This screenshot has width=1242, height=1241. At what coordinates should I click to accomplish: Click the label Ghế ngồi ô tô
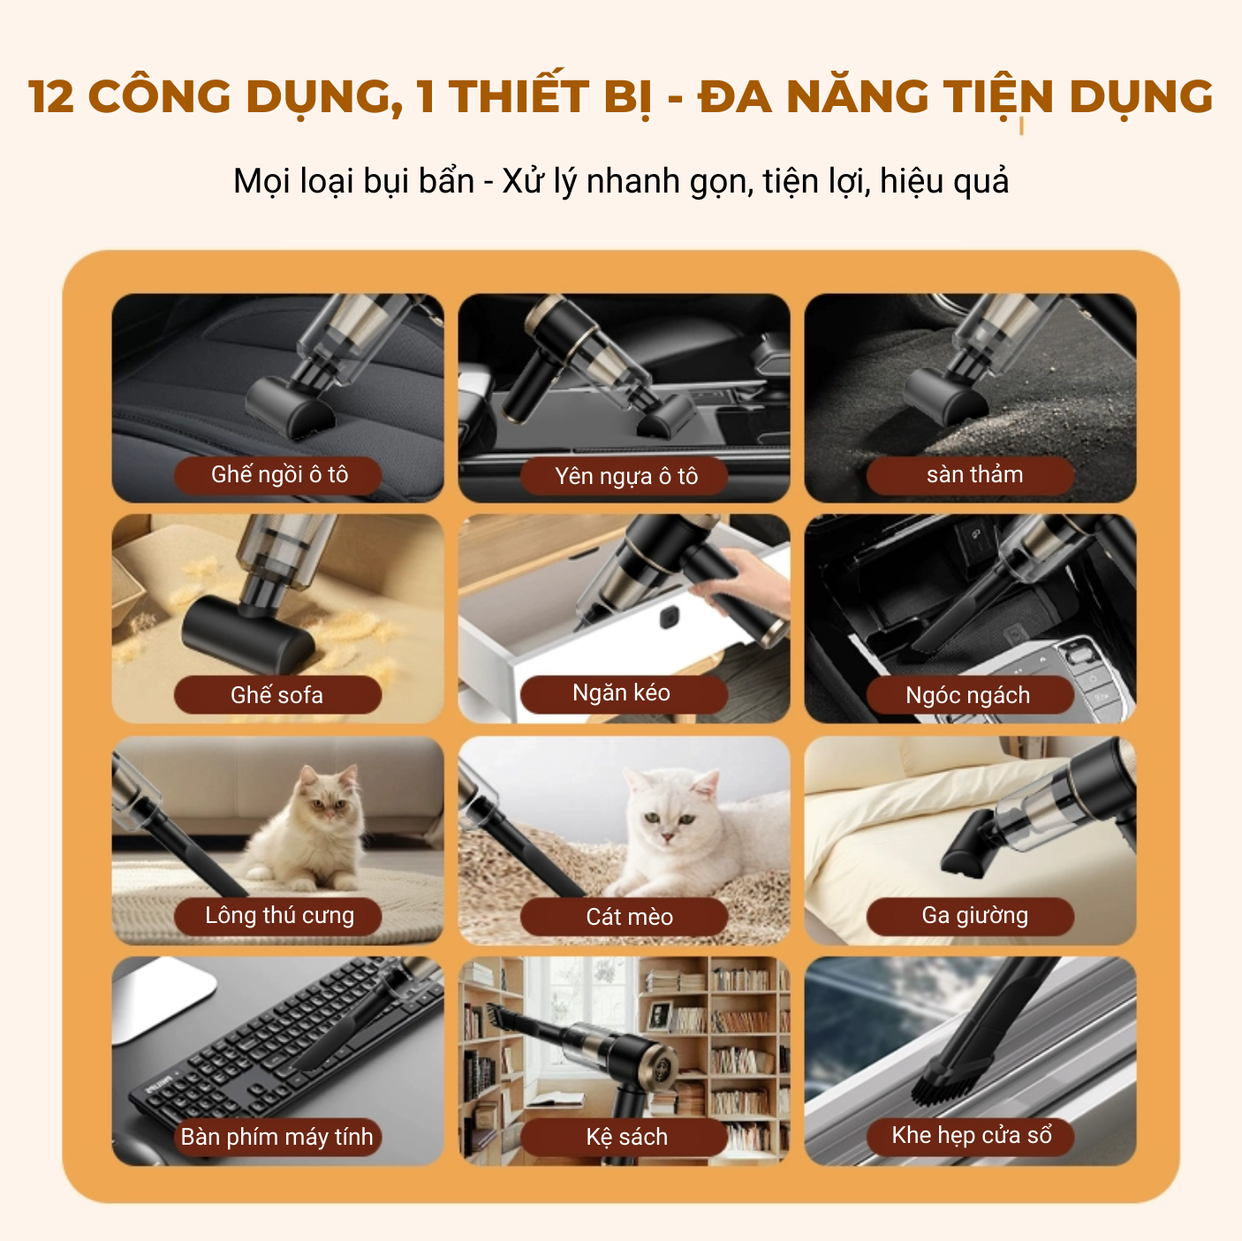pyautogui.click(x=279, y=475)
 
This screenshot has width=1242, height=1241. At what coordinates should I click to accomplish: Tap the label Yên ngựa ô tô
pyautogui.click(x=625, y=477)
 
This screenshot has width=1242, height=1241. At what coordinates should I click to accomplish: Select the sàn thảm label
pyautogui.click(x=973, y=475)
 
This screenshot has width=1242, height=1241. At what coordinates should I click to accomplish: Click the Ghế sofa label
pyautogui.click(x=277, y=695)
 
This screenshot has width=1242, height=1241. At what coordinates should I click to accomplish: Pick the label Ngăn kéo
pyautogui.click(x=622, y=693)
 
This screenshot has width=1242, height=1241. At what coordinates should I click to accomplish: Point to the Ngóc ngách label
pyautogui.click(x=968, y=696)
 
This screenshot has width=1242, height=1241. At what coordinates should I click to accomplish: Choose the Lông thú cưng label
pyautogui.click(x=279, y=916)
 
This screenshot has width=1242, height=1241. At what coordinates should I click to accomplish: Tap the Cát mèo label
pyautogui.click(x=629, y=917)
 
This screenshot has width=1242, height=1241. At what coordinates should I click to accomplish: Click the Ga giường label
pyautogui.click(x=974, y=916)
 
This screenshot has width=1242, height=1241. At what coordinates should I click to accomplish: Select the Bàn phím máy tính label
pyautogui.click(x=277, y=1137)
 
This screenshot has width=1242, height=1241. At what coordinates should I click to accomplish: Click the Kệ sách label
pyautogui.click(x=626, y=1137)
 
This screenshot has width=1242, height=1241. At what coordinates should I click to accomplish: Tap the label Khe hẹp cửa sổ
pyautogui.click(x=972, y=1136)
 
